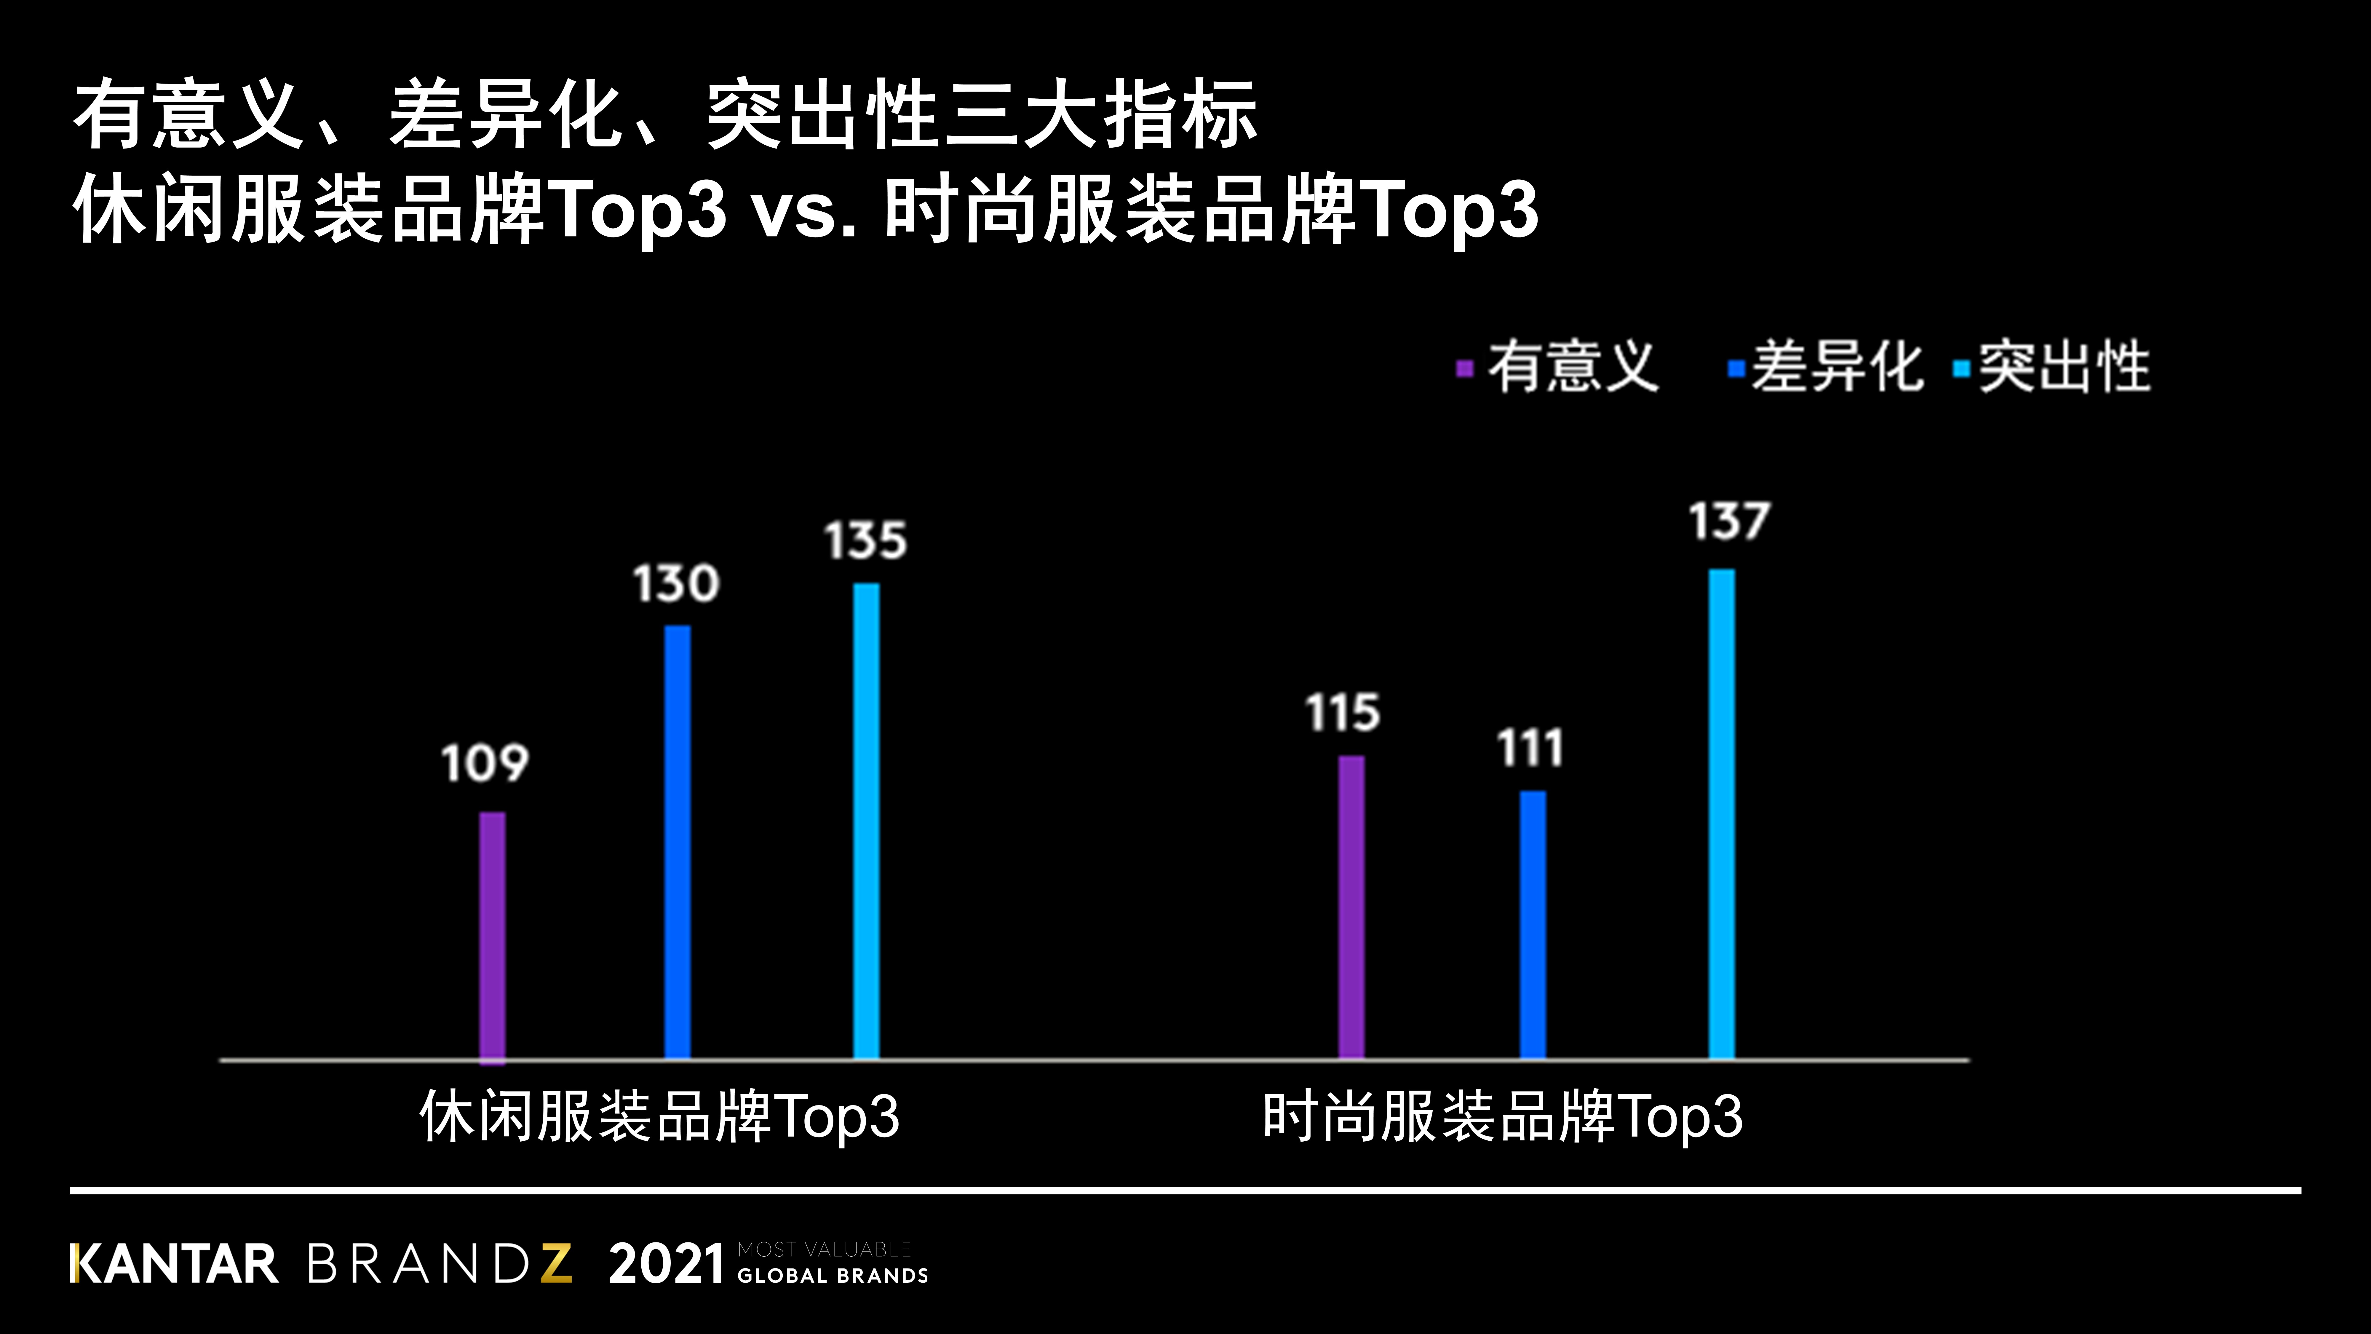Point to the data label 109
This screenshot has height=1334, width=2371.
tap(485, 763)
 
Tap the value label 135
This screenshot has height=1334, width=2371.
tap(865, 540)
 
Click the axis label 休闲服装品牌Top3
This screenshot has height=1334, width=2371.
tap(659, 1117)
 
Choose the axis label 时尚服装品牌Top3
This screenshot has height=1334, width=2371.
tap(1502, 1117)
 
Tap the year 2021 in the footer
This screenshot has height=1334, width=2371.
tap(666, 1264)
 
